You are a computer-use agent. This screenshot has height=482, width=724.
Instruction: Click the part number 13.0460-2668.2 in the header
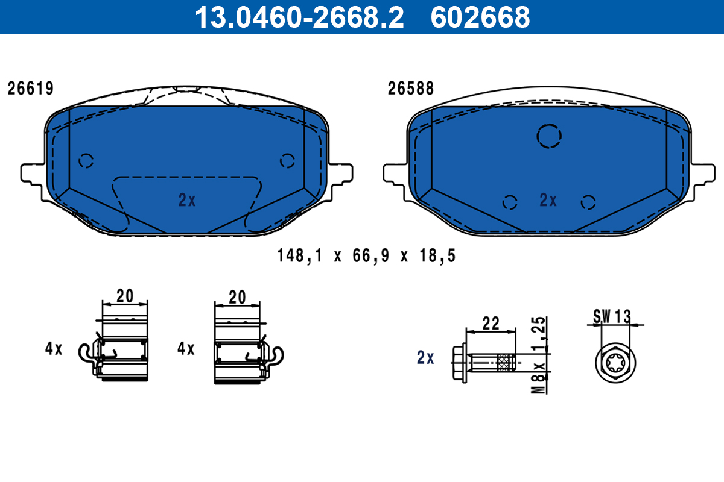pos(298,17)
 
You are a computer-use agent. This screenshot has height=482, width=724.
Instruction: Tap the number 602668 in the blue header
pos(480,17)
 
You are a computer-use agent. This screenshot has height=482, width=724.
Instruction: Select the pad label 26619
pos(30,89)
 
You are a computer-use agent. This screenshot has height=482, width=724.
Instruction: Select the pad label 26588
pos(411,89)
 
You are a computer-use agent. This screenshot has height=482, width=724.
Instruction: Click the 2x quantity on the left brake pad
pos(187,201)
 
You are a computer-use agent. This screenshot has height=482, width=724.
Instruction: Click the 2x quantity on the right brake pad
pos(548,201)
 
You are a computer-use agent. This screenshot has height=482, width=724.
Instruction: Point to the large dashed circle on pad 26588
pos(549,136)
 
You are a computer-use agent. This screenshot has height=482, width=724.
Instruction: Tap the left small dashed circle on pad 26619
pos(86,160)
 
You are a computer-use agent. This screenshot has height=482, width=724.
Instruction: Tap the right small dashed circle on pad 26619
pos(287,160)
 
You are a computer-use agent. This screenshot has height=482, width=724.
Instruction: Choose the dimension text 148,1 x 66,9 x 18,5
pos(366,256)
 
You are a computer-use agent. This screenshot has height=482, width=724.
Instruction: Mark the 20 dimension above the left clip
pos(124,296)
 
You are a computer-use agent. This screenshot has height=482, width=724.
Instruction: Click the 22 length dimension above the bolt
pos(491,324)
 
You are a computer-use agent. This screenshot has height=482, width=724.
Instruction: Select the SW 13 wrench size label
pos(612,315)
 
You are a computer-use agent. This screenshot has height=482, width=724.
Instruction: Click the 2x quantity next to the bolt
pos(425,358)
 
